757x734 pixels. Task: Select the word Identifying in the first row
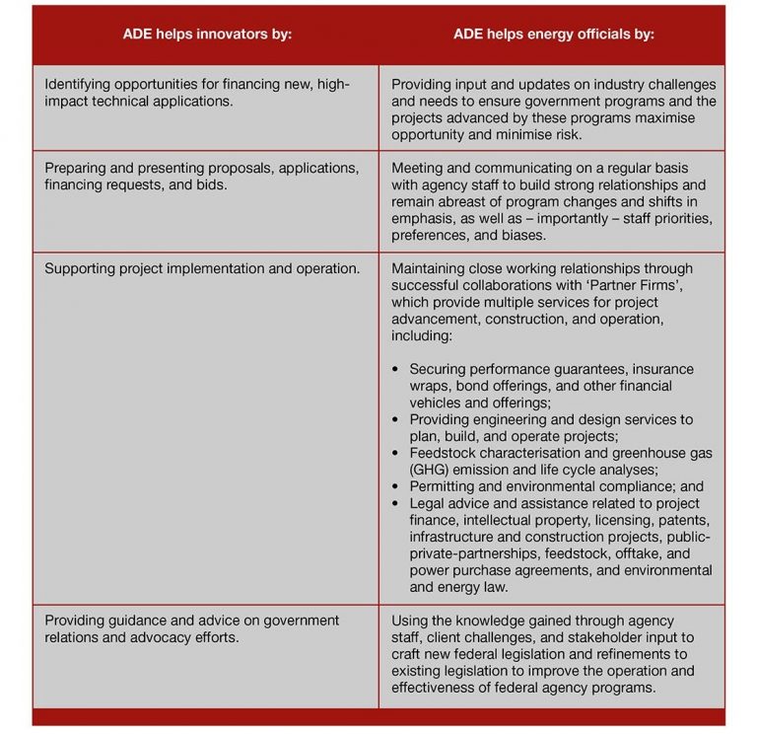click(x=82, y=86)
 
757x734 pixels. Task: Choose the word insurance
click(x=664, y=369)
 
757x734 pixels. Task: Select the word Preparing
click(x=77, y=168)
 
